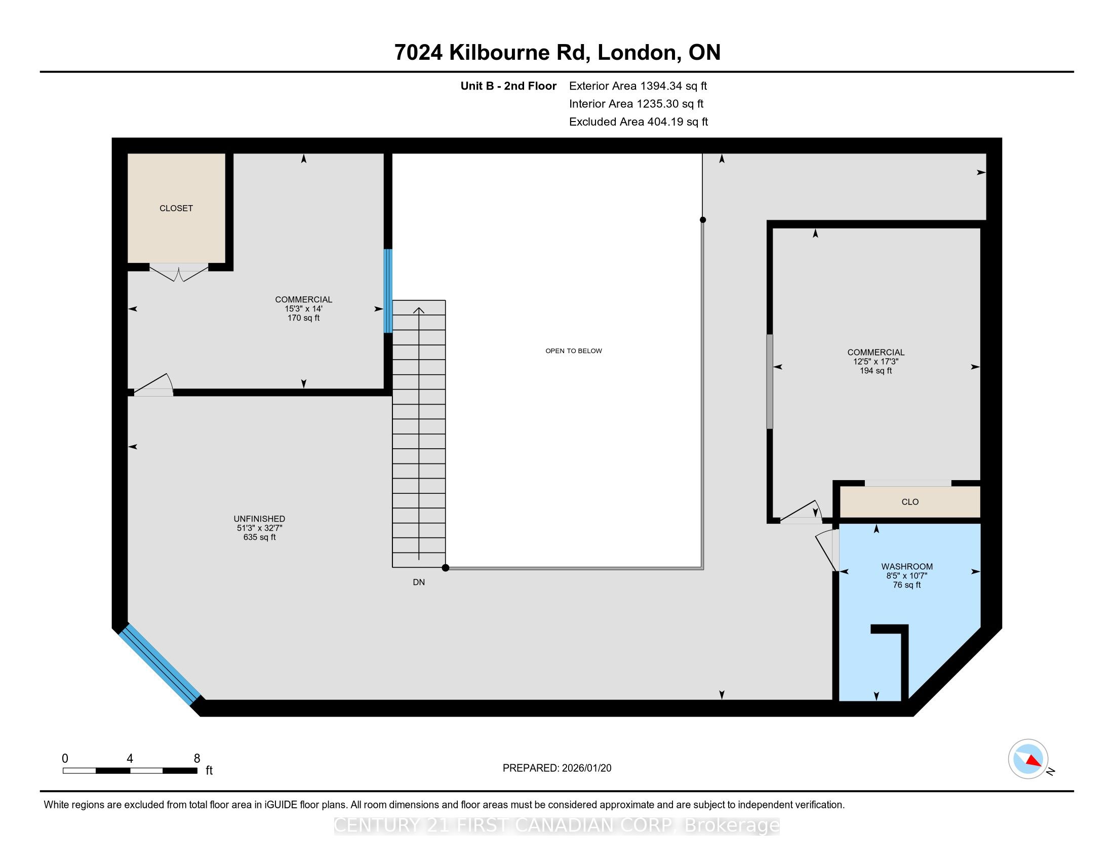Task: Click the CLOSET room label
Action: click(x=176, y=208)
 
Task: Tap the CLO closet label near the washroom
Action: click(x=910, y=502)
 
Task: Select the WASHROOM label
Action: click(x=907, y=566)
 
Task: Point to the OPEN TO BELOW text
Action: click(x=574, y=351)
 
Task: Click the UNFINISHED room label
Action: click(x=260, y=519)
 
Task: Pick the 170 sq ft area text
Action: click(x=303, y=318)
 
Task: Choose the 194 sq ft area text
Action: click(x=876, y=371)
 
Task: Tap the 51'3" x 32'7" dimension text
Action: click(x=260, y=528)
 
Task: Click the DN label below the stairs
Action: click(x=419, y=582)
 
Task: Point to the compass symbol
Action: click(x=1028, y=759)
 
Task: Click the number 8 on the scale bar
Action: click(x=197, y=759)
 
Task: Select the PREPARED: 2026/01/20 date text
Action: click(x=557, y=768)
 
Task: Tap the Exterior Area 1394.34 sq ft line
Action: click(x=638, y=86)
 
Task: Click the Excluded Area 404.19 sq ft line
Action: click(x=639, y=122)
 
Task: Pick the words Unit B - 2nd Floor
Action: click(x=508, y=86)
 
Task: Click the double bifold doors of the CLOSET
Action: click(x=179, y=273)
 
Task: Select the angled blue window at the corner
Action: click(x=160, y=664)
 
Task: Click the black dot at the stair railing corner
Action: click(x=445, y=568)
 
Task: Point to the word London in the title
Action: click(x=639, y=53)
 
